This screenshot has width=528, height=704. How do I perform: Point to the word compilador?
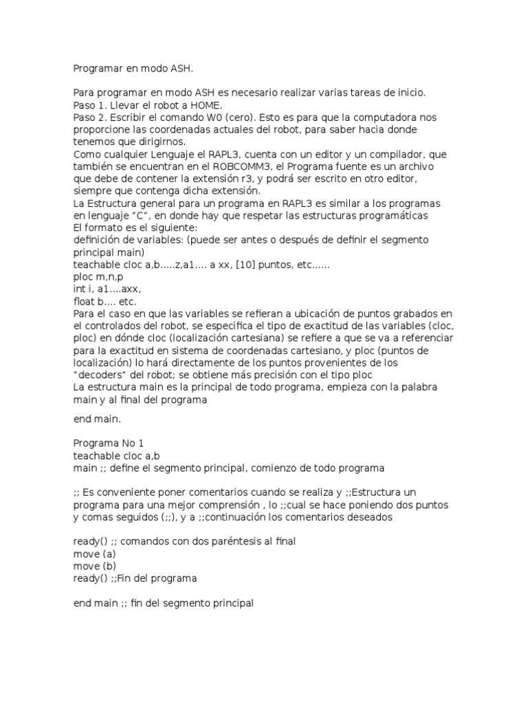pos(402,154)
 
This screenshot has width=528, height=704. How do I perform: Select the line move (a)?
pos(94,553)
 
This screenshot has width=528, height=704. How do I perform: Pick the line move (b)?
pos(94,566)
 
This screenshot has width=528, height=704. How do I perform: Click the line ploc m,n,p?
pos(98,276)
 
